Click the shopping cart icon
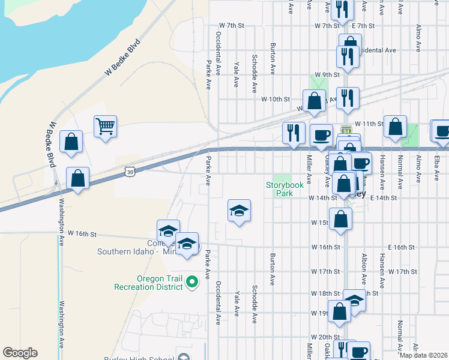pos(105,127)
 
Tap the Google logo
pos(20,353)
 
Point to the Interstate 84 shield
pos(346,130)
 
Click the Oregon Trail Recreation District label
pos(149,283)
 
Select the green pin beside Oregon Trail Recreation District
pos(191,281)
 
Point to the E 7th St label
pos(363,26)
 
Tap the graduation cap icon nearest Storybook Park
pos(239,211)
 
